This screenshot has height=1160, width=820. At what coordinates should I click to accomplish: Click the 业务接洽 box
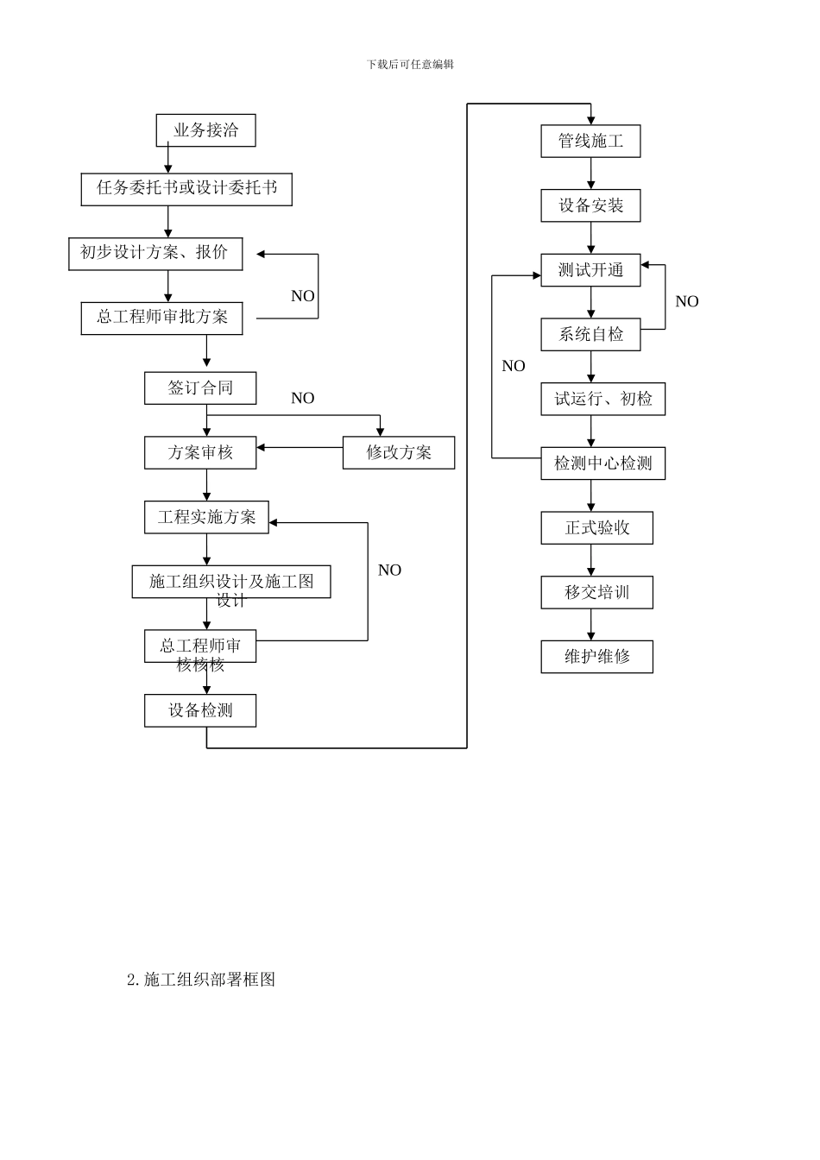tap(205, 130)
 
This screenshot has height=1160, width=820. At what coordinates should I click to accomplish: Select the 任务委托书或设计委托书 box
tap(186, 189)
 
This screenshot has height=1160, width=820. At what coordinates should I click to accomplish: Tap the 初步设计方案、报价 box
tap(155, 253)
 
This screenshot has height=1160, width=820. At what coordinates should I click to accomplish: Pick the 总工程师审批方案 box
tap(161, 318)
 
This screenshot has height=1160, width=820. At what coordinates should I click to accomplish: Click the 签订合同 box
tap(200, 388)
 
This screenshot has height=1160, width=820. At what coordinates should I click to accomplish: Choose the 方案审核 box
tap(200, 452)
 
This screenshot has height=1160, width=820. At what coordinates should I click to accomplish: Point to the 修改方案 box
tap(398, 452)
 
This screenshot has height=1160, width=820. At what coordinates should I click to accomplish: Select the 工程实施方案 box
tap(206, 517)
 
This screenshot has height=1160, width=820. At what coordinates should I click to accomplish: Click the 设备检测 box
tap(200, 710)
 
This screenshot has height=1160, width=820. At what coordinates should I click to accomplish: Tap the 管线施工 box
tap(590, 141)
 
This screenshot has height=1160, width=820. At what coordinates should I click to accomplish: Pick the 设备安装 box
tap(590, 205)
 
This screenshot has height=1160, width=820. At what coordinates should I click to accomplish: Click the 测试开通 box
tap(590, 270)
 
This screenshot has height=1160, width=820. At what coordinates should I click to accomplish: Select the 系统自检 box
tap(590, 334)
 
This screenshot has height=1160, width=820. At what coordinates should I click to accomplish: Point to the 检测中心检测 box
tap(602, 463)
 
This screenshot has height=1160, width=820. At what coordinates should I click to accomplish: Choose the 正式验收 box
tap(596, 528)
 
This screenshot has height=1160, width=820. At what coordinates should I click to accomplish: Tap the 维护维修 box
tap(596, 657)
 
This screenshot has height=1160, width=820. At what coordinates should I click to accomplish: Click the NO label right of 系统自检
tap(686, 301)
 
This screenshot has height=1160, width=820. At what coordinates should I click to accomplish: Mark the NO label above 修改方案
tap(302, 398)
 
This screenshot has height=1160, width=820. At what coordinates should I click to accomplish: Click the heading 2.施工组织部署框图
tap(201, 980)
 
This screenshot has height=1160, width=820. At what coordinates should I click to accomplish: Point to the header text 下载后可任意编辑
tap(410, 64)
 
